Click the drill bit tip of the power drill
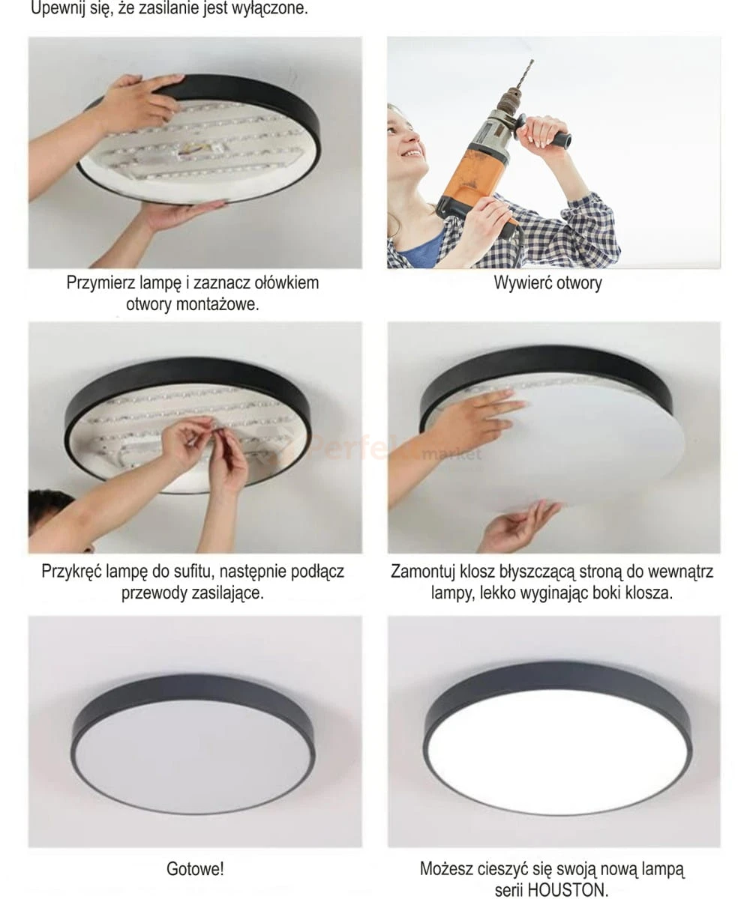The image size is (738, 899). click(532, 61)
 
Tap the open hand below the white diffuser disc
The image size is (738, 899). click(521, 527)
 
